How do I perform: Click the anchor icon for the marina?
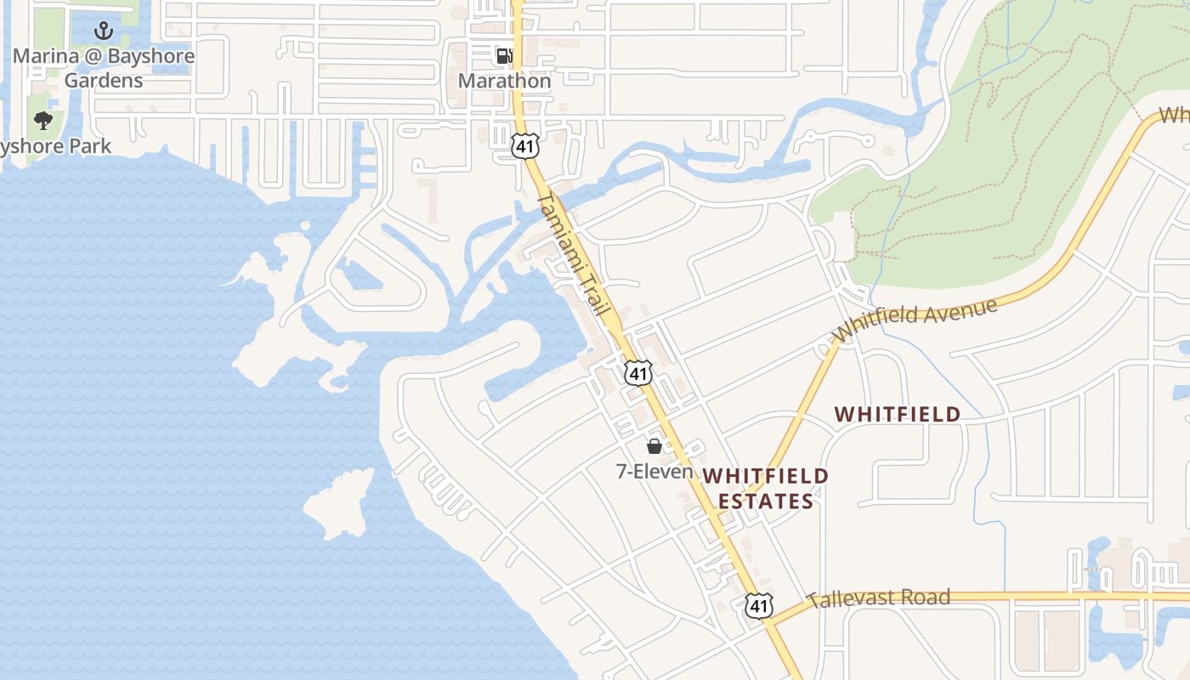tap(104, 31)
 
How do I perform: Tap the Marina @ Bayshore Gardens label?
tap(104, 68)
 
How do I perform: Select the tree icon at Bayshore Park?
tap(42, 121)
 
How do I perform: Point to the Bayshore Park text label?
tap(55, 146)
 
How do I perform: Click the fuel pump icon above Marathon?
tap(504, 56)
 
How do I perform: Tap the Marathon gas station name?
tap(504, 81)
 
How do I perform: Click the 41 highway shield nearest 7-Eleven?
tap(638, 372)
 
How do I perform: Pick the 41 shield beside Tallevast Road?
tap(759, 605)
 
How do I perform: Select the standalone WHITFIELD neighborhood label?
tap(898, 415)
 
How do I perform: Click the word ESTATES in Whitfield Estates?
tap(765, 501)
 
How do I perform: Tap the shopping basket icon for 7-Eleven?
tap(654, 446)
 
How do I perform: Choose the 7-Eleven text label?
tap(654, 471)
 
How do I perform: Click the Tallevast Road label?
tap(878, 598)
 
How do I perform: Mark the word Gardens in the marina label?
tap(104, 81)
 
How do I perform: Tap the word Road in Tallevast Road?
tap(922, 598)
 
